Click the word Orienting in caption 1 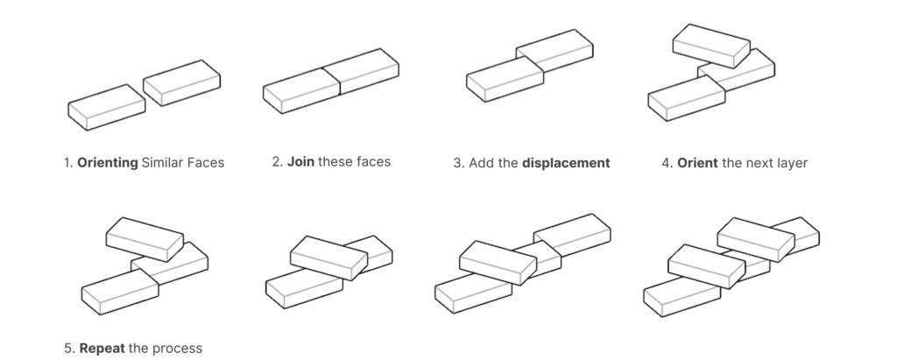(108, 163)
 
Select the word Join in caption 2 (301, 162)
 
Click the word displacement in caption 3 (566, 163)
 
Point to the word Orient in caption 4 (697, 163)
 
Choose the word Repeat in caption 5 (102, 348)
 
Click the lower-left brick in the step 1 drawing (106, 108)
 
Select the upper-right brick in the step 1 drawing (181, 83)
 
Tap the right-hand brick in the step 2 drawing (362, 72)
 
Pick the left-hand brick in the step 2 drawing (301, 91)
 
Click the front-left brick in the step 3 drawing (505, 79)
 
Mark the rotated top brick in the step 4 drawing (711, 46)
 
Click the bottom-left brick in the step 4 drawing (687, 98)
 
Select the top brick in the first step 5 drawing (145, 239)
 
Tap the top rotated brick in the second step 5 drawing (329, 258)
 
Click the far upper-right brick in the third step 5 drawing (572, 235)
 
